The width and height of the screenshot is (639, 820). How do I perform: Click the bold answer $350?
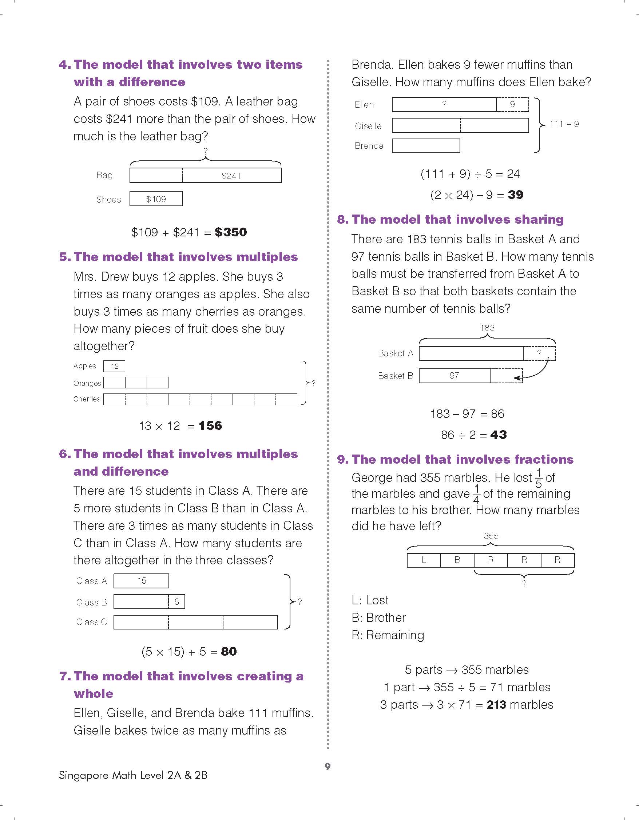pyautogui.click(x=231, y=232)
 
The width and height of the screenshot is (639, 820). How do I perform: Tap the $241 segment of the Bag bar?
pyautogui.click(x=231, y=176)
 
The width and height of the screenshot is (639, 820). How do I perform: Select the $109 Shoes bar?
pyautogui.click(x=156, y=199)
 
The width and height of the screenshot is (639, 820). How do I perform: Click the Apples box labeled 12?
pyautogui.click(x=114, y=366)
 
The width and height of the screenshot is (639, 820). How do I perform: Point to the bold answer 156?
pyautogui.click(x=210, y=425)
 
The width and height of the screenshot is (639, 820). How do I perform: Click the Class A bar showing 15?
pyautogui.click(x=141, y=581)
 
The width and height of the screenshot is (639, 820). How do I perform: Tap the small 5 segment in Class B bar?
pyautogui.click(x=176, y=602)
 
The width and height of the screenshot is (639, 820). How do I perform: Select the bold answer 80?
pyautogui.click(x=229, y=651)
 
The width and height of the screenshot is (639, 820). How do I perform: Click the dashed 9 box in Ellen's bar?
pyautogui.click(x=512, y=104)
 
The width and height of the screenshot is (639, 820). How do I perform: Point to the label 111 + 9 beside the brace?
pyautogui.click(x=564, y=124)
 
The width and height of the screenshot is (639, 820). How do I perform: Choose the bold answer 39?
pyautogui.click(x=515, y=195)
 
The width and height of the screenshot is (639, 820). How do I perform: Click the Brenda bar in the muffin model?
pyautogui.click(x=426, y=146)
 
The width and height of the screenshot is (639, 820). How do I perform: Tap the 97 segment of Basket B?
pyautogui.click(x=454, y=376)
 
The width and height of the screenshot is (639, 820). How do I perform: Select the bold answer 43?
pyautogui.click(x=499, y=435)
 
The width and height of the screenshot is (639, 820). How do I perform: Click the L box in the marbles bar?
pyautogui.click(x=424, y=560)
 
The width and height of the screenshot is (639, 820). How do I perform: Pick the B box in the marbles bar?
pyautogui.click(x=457, y=560)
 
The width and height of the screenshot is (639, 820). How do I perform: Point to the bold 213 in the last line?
pyautogui.click(x=496, y=704)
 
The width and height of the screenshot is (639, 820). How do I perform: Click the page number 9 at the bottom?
pyautogui.click(x=328, y=766)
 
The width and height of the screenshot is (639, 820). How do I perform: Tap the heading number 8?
pyautogui.click(x=342, y=219)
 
